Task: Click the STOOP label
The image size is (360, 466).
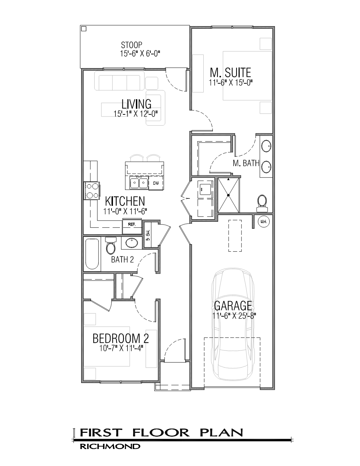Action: coord(131,45)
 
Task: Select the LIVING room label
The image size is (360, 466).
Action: coord(136,104)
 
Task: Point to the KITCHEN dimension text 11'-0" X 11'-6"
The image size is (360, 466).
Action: coord(125,211)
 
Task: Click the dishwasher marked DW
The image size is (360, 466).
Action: coord(156,183)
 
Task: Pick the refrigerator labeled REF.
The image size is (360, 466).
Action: coord(132,226)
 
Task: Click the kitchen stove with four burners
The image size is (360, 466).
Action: coord(92,191)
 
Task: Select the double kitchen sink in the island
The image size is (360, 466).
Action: coord(139,183)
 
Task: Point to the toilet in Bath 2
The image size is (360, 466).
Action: coord(110,245)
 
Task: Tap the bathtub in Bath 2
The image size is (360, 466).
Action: coord(92,254)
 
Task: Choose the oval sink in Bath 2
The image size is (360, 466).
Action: coord(132,243)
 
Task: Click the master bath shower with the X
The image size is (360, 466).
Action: coord(228,195)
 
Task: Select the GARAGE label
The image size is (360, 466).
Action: coord(233,306)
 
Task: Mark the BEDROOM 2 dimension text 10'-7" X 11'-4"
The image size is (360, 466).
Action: coord(121,348)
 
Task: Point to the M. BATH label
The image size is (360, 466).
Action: coord(246,163)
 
